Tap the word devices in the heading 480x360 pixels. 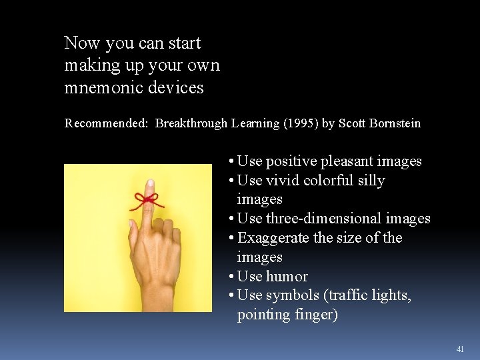click(x=177, y=87)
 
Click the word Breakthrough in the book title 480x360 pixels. click(x=191, y=123)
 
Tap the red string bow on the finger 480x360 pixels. click(x=147, y=199)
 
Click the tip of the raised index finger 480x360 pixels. click(x=150, y=184)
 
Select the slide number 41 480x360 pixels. click(x=460, y=349)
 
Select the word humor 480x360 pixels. click(x=287, y=277)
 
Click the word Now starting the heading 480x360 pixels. click(x=81, y=44)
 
